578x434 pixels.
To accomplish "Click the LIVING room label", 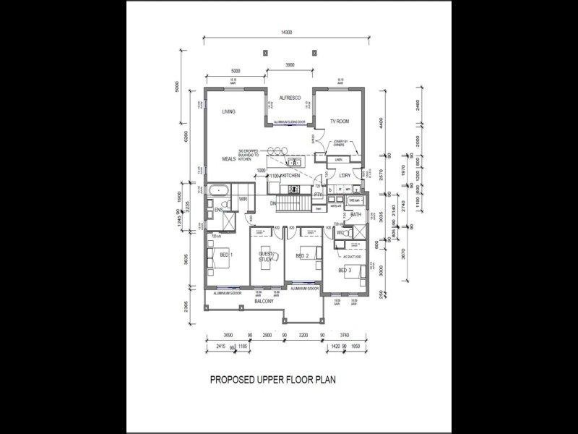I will click(x=229, y=111).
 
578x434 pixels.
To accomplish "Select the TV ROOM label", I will click(x=340, y=122).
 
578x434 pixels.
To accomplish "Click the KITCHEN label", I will click(x=291, y=176).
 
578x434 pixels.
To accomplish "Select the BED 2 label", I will click(x=303, y=256).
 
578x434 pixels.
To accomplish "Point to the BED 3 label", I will click(x=345, y=271).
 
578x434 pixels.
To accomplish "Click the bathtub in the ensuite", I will click(x=219, y=190).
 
